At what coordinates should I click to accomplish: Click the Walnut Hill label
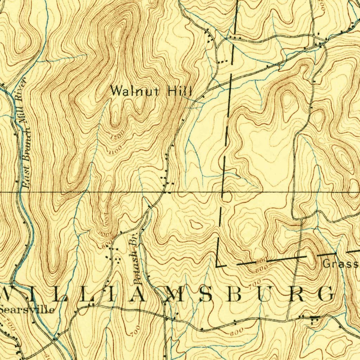[151, 91]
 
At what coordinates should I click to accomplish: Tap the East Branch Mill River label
[24, 134]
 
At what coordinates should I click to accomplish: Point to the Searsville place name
[27, 310]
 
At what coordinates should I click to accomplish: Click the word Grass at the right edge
[340, 264]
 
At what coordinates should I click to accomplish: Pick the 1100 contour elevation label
[115, 150]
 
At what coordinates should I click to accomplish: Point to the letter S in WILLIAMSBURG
[205, 295]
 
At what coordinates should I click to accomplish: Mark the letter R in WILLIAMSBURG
[296, 295]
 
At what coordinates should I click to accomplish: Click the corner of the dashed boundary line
[217, 265]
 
